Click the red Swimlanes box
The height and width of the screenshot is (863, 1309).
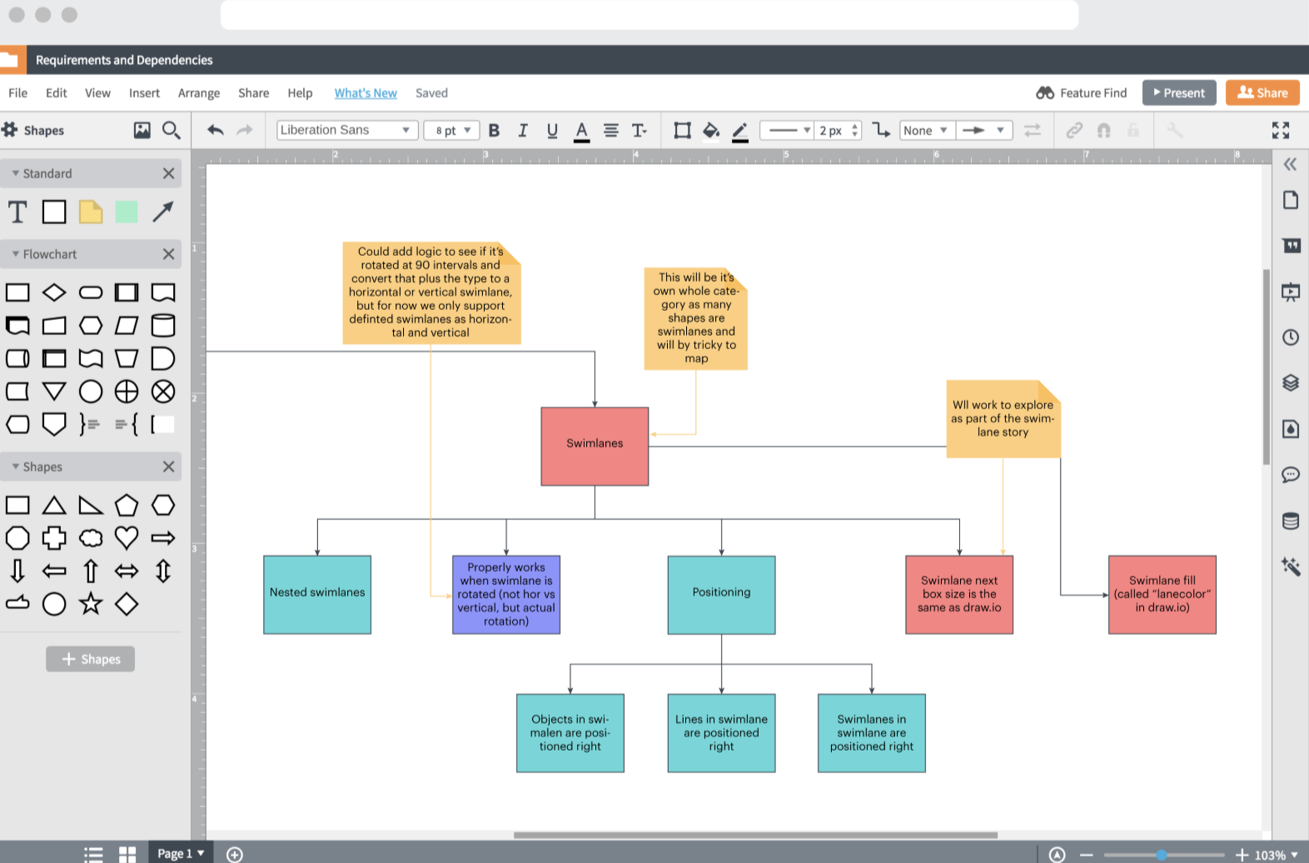tap(595, 446)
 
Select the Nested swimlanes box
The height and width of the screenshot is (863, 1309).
tap(317, 594)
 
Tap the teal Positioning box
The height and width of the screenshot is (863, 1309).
tap(721, 594)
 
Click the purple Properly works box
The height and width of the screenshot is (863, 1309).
tap(506, 594)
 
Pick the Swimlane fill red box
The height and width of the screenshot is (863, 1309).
tap(1162, 594)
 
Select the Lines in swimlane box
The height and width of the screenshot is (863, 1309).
tap(721, 733)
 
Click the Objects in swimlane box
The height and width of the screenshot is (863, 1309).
tap(570, 733)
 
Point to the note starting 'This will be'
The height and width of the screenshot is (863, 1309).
tap(696, 318)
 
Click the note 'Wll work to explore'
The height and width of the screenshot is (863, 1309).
tap(1003, 419)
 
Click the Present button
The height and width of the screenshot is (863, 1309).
tap(1179, 92)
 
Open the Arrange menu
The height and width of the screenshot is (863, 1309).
tap(199, 93)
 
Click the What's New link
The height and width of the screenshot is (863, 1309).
tap(366, 93)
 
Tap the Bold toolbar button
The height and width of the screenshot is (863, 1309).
tap(494, 130)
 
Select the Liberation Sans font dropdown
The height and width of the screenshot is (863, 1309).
tap(346, 130)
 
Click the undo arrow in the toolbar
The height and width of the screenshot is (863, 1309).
tap(216, 130)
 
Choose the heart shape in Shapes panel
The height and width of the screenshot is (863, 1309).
tap(127, 537)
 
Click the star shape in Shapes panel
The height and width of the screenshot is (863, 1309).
tap(91, 604)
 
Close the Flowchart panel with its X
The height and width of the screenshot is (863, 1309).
tap(168, 254)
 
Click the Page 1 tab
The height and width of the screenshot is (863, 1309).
tap(180, 853)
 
